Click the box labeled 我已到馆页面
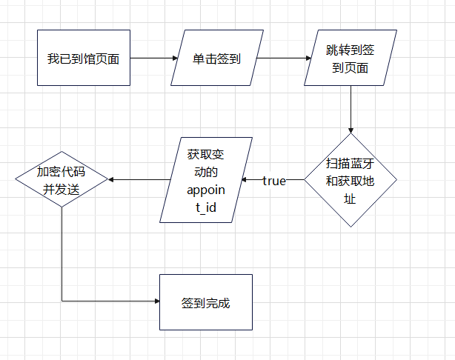83,59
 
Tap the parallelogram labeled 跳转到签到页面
350,59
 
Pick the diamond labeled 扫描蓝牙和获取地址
350,179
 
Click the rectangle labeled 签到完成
206,302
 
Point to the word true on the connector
273,180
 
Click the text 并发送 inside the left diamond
61,189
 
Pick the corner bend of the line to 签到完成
62,301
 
